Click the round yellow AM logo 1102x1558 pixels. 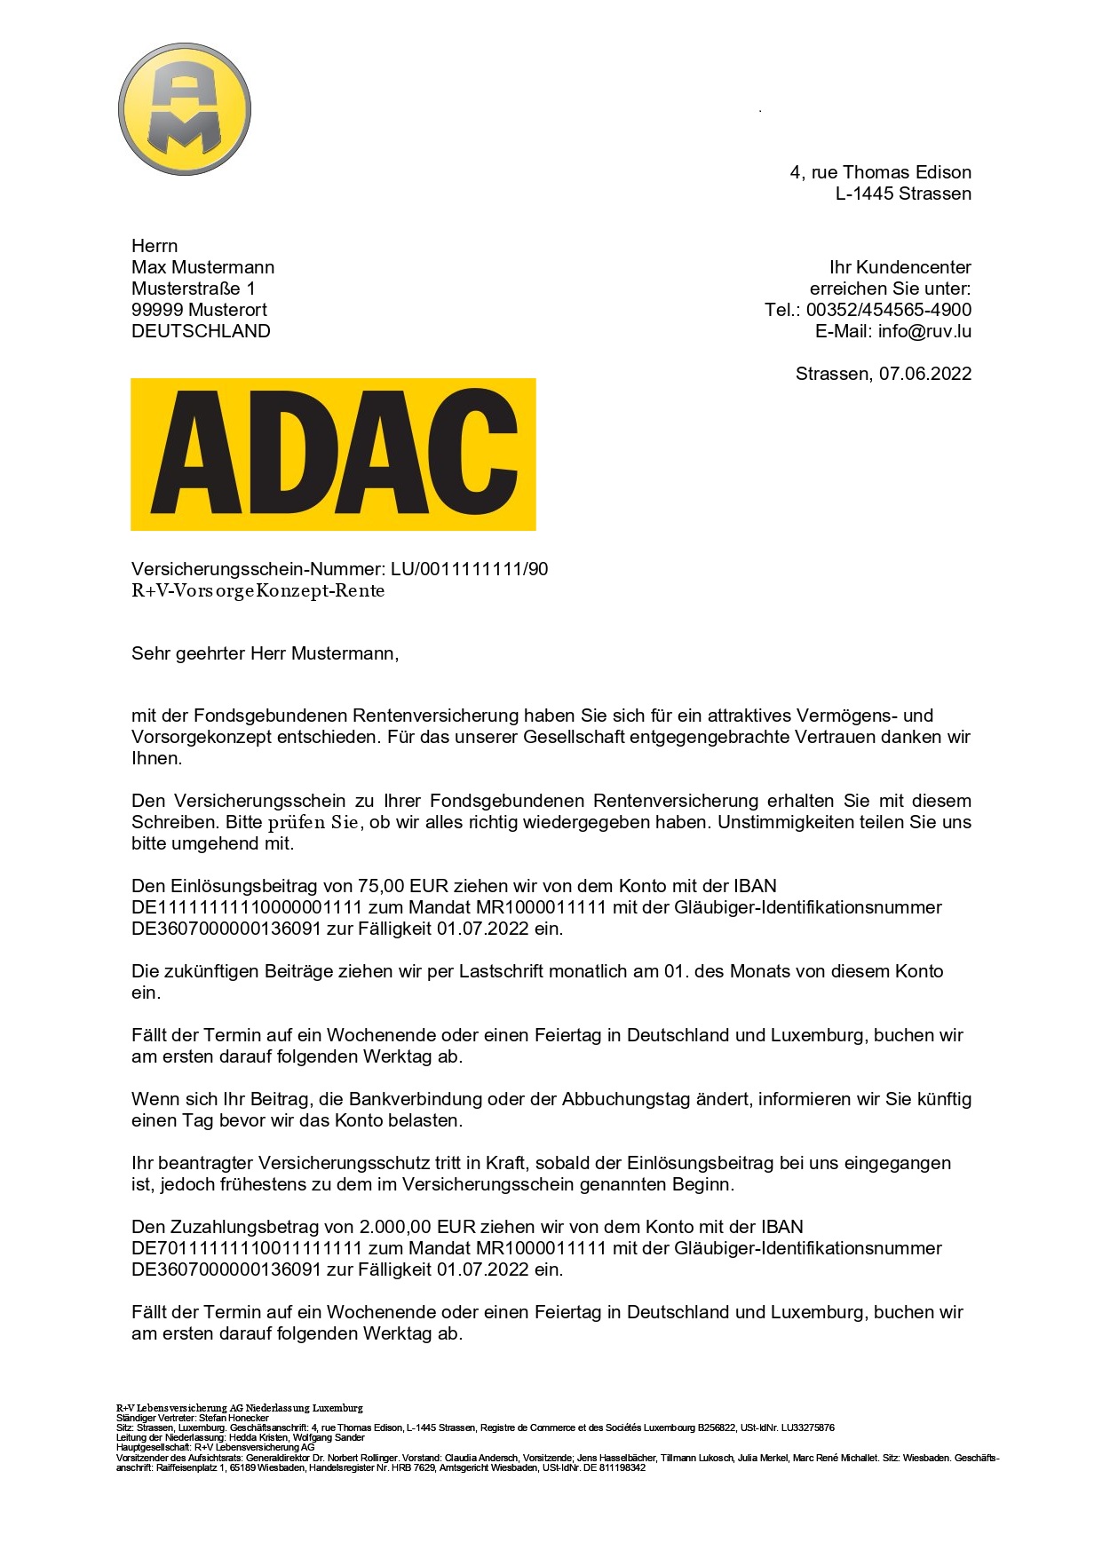pos(185,109)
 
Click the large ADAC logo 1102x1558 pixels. pos(333,454)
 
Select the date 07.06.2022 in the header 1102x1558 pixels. pos(924,374)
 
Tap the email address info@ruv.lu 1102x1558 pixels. pos(924,331)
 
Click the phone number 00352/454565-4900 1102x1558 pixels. pos(888,310)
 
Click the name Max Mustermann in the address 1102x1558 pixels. pos(202,267)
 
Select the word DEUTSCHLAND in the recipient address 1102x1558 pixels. pos(201,331)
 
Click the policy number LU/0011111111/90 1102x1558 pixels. pos(469,569)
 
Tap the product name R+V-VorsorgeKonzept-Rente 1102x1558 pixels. pos(258,591)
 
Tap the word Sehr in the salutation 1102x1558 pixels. pos(150,653)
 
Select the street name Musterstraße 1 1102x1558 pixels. pos(193,289)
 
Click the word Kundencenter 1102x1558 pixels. pos(913,267)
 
